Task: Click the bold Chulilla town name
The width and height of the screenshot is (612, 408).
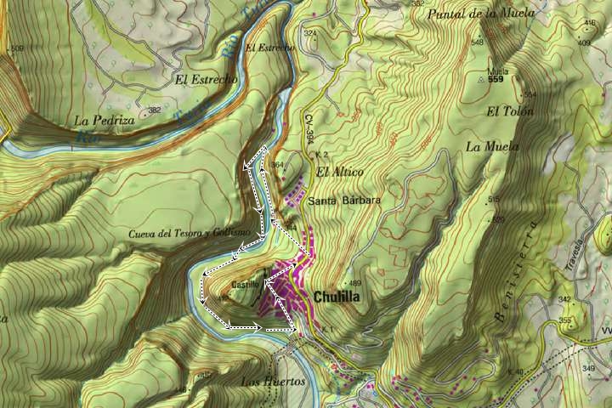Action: click(x=337, y=297)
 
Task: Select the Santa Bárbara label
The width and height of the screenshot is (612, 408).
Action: click(x=343, y=201)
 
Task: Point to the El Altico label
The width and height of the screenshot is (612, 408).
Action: click(x=339, y=173)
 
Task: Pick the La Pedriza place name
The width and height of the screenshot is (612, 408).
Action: click(x=105, y=120)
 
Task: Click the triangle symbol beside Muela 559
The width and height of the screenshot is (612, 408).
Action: click(x=481, y=80)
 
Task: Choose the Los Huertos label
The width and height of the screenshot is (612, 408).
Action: click(x=273, y=382)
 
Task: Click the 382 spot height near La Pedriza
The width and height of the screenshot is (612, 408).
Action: click(x=154, y=110)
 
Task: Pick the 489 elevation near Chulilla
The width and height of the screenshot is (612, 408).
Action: click(x=355, y=284)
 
